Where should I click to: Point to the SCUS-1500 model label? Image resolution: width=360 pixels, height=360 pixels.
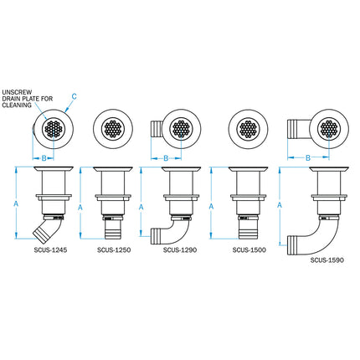(248, 249)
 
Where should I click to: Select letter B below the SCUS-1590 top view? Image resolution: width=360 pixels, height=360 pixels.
(308, 157)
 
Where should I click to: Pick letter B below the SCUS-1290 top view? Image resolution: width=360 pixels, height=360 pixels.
(166, 157)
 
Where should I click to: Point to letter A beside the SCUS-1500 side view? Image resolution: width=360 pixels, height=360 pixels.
(211, 205)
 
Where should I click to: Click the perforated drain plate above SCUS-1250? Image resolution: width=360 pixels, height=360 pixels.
(111, 130)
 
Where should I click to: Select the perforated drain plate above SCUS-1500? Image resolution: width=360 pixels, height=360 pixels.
(249, 130)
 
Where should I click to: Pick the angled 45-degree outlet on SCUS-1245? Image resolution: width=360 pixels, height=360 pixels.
(39, 230)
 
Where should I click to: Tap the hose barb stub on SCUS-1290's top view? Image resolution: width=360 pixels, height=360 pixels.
(156, 130)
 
